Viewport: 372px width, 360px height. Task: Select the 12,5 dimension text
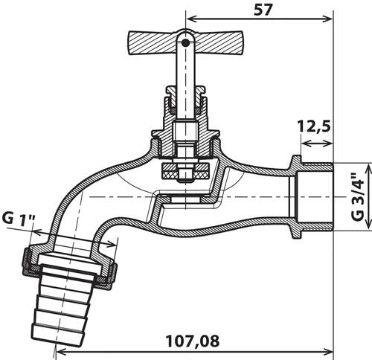pos(312,126)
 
